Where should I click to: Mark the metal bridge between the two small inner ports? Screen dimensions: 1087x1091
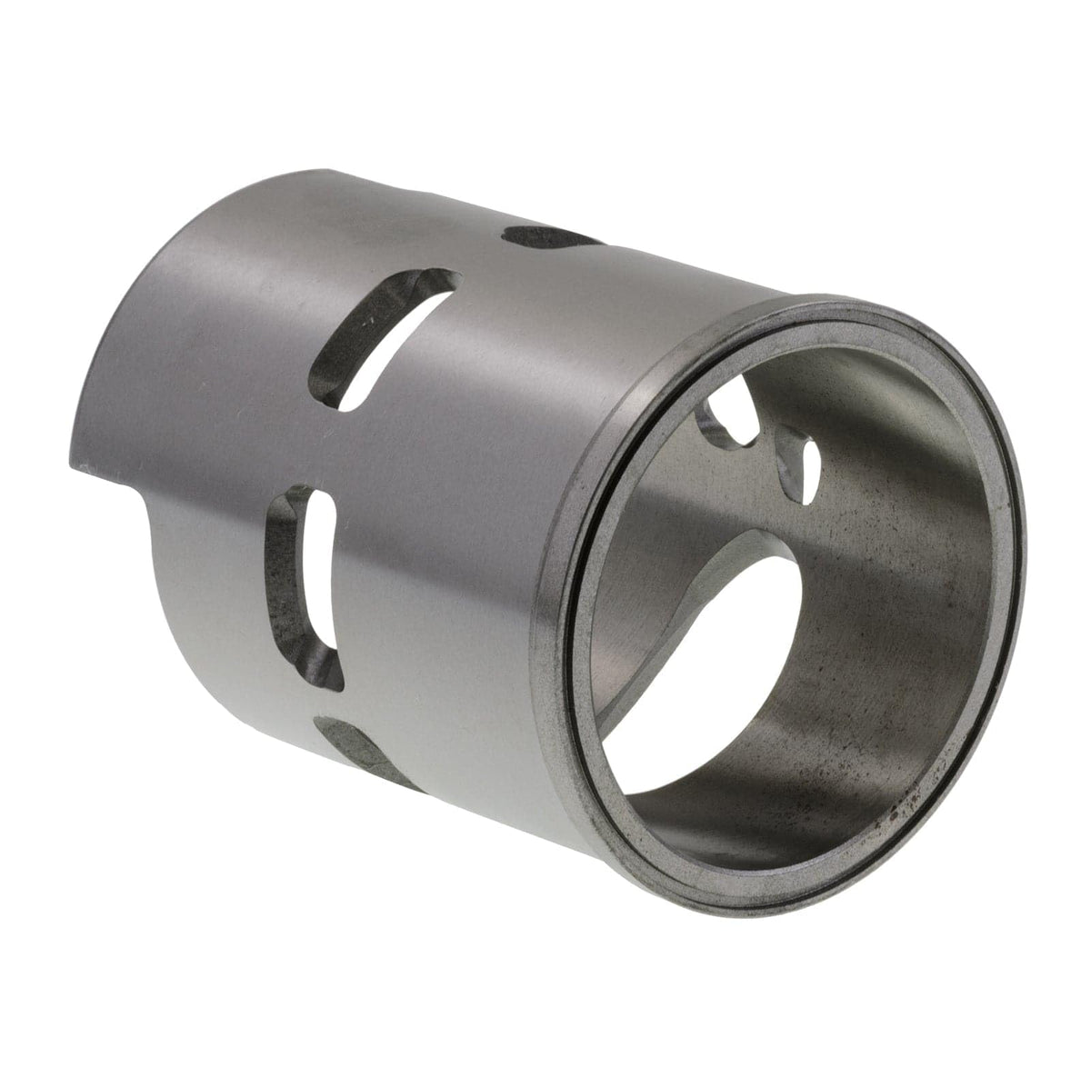click(x=764, y=436)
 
